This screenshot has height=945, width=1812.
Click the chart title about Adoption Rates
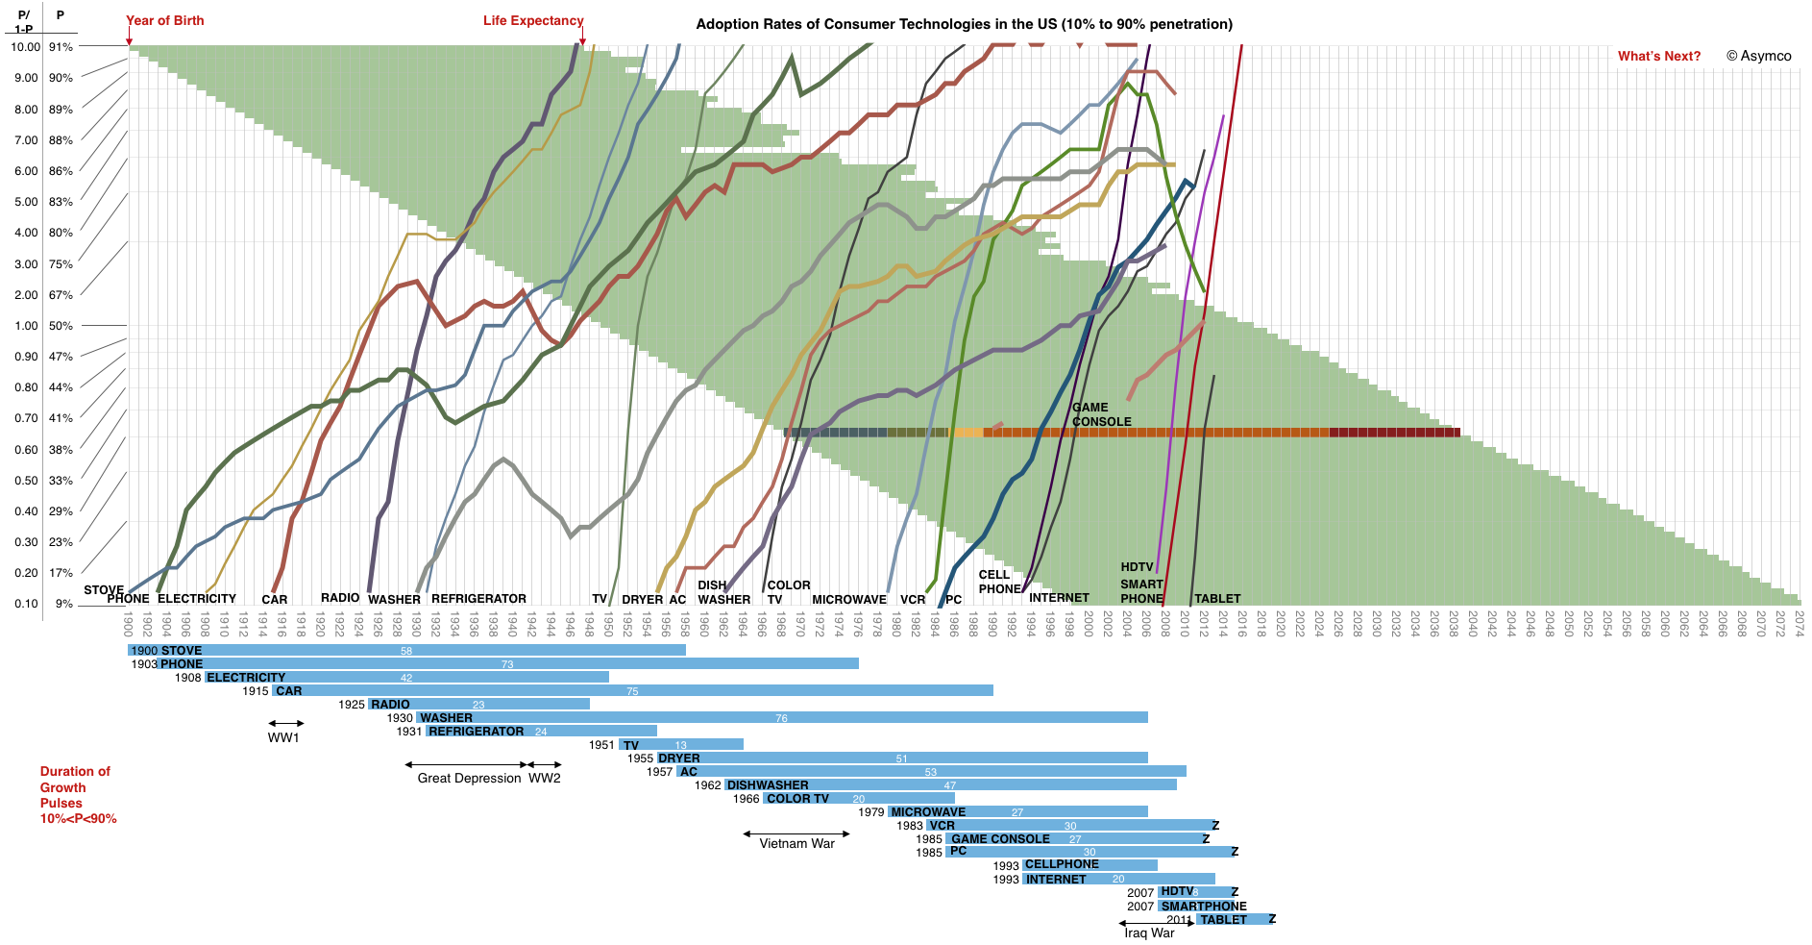[x=964, y=24]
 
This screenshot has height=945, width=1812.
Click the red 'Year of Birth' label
[x=165, y=20]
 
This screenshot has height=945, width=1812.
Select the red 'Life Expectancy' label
[x=533, y=20]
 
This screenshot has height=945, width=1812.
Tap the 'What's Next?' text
[x=1658, y=56]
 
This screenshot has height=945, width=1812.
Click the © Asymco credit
[x=1758, y=56]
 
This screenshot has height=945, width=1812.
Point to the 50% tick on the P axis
[x=61, y=326]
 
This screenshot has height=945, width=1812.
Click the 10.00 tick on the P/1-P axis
[x=25, y=47]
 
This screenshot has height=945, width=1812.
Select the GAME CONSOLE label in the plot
[x=1101, y=414]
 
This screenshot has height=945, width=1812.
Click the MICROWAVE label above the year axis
[x=849, y=599]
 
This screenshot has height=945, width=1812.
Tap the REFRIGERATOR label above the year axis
[x=478, y=598]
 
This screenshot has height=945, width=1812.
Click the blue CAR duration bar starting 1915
[x=632, y=691]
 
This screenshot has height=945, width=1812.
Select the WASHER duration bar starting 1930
[x=782, y=718]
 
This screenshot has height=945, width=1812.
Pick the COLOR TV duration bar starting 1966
[x=858, y=799]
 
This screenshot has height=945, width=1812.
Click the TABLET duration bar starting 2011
[x=1234, y=920]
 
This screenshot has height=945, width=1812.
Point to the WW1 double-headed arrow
[x=285, y=723]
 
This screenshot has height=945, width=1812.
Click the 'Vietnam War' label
[x=796, y=843]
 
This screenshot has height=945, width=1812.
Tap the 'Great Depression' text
[x=469, y=778]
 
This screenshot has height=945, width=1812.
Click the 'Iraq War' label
[x=1149, y=933]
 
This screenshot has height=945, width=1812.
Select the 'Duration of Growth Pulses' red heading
[x=77, y=794]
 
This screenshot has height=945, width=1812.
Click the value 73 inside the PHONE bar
[x=507, y=664]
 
